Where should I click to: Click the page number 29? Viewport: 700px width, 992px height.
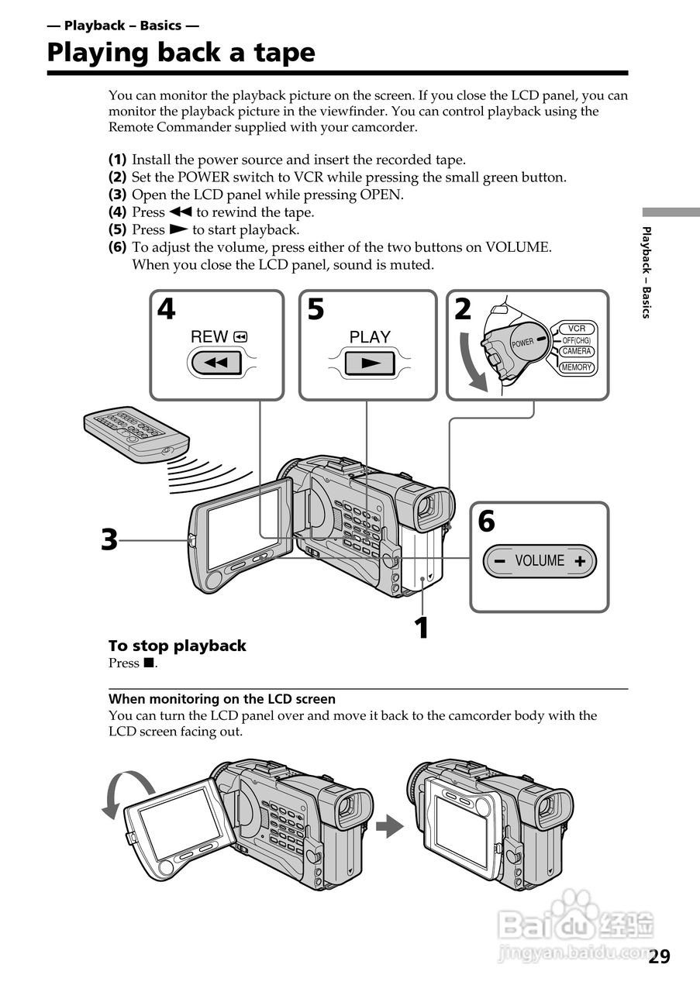pyautogui.click(x=659, y=956)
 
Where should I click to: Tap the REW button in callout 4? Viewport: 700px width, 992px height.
pyautogui.click(x=216, y=363)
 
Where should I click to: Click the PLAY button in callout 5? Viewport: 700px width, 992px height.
pyautogui.click(x=370, y=363)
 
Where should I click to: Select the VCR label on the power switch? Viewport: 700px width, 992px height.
pyautogui.click(x=576, y=329)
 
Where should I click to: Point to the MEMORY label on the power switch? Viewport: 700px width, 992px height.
pyautogui.click(x=577, y=367)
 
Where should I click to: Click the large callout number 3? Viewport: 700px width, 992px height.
pyautogui.click(x=109, y=539)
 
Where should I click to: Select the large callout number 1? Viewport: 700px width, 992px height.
pyautogui.click(x=421, y=628)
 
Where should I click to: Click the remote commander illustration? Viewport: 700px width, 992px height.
pyautogui.click(x=136, y=432)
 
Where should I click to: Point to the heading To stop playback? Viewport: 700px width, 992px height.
pyautogui.click(x=177, y=646)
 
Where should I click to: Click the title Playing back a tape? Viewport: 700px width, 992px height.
pyautogui.click(x=181, y=53)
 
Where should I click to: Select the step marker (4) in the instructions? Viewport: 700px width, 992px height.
pyautogui.click(x=118, y=212)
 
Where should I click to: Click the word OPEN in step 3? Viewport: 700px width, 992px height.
pyautogui.click(x=381, y=195)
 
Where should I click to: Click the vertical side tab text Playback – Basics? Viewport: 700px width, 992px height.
pyautogui.click(x=647, y=271)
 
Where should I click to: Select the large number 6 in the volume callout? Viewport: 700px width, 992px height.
pyautogui.click(x=486, y=522)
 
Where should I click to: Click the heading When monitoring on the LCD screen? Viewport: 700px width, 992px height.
pyautogui.click(x=222, y=698)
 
